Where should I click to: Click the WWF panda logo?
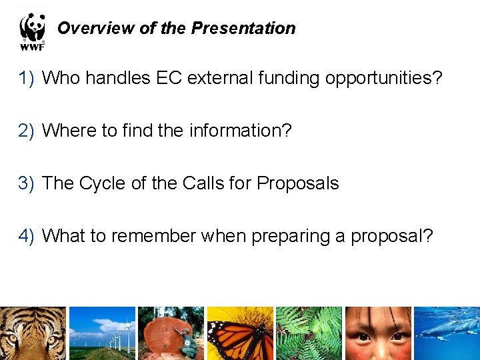(x=32, y=31)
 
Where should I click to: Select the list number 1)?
(x=26, y=78)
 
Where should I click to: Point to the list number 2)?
(x=26, y=131)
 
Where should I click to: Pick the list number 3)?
(x=26, y=183)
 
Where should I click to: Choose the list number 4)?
(x=26, y=236)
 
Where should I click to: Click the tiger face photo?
(x=33, y=333)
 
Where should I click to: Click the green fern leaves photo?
(x=309, y=333)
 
